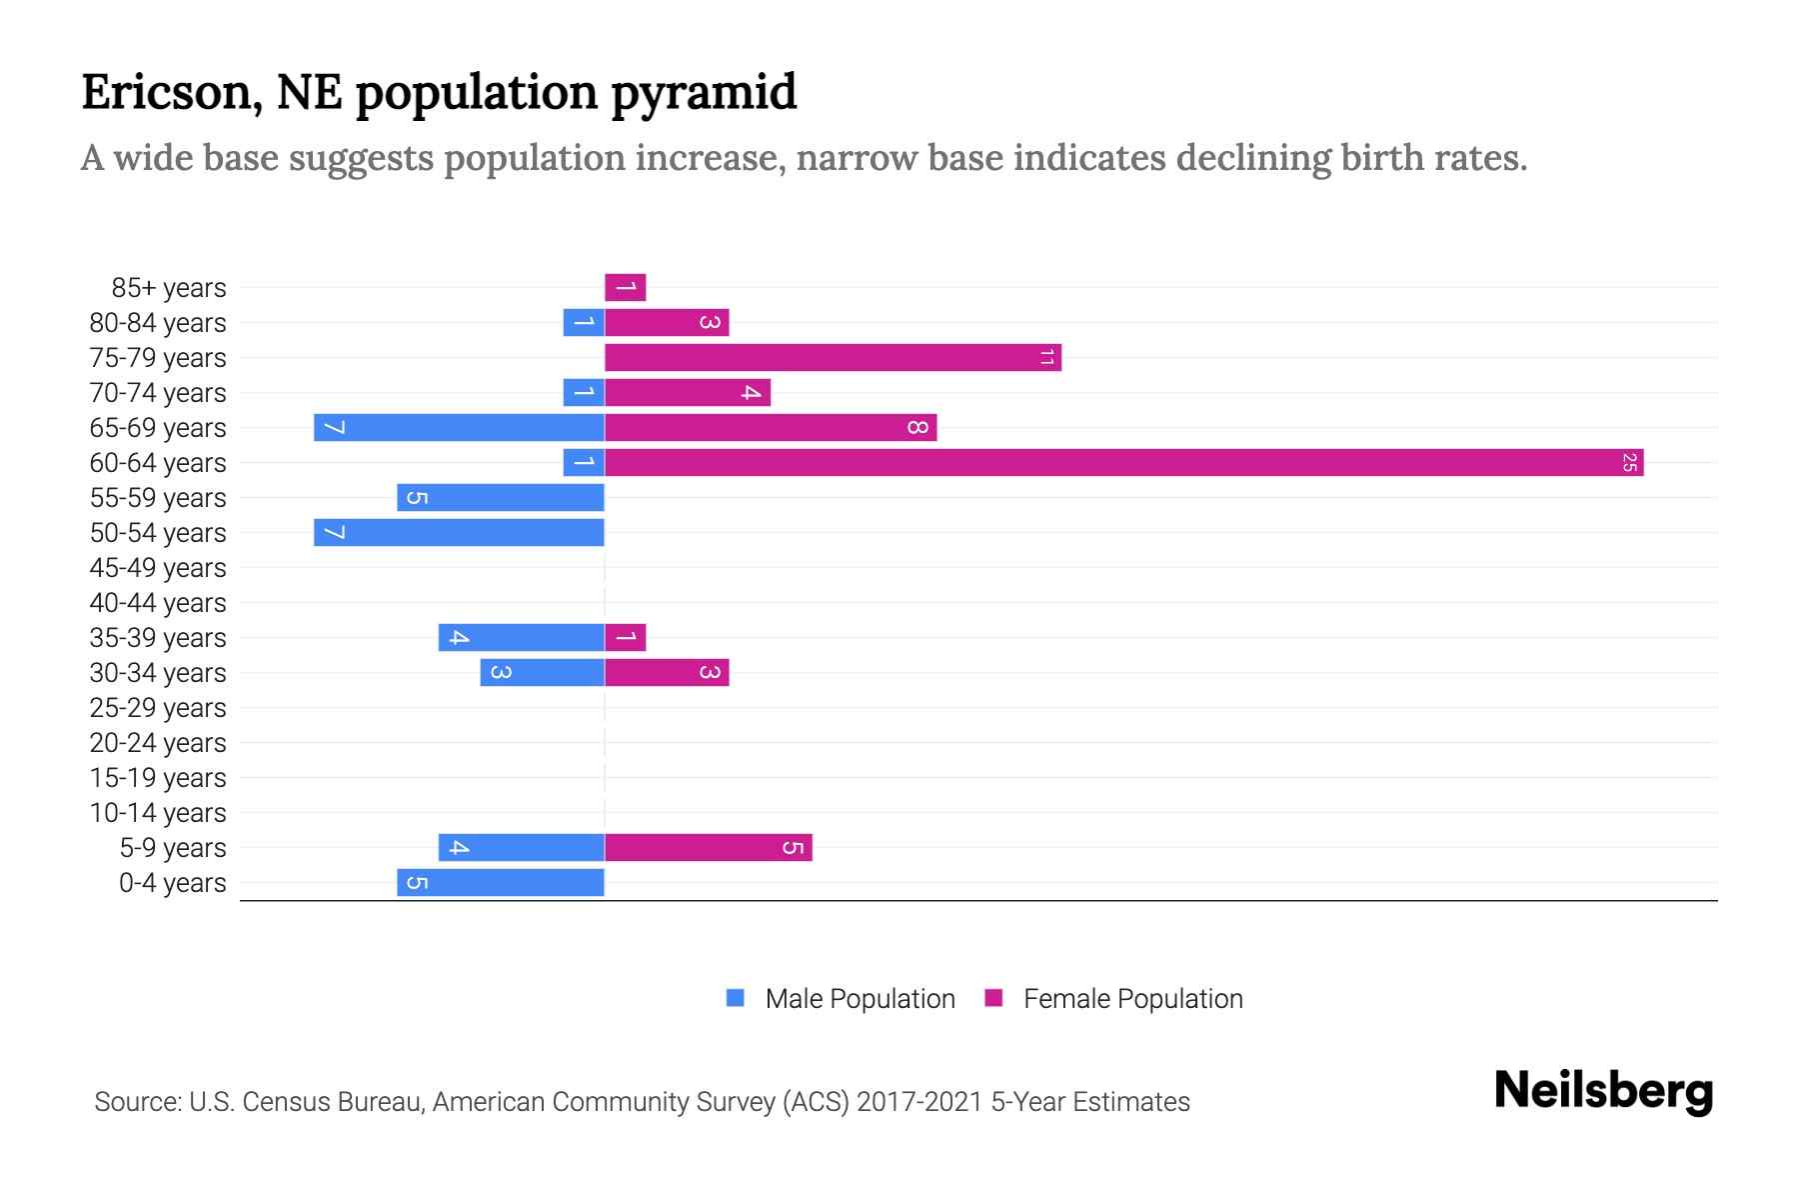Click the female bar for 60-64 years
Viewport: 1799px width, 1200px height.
click(x=1123, y=463)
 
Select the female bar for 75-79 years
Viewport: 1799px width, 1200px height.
click(x=833, y=358)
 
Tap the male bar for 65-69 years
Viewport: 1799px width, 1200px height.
click(x=459, y=428)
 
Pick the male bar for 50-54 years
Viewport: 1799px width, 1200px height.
click(x=459, y=533)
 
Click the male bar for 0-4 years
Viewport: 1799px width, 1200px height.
click(x=500, y=883)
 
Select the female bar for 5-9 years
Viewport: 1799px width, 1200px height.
click(x=708, y=848)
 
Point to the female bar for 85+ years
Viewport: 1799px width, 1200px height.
click(x=625, y=288)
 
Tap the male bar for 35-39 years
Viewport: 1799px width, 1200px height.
click(x=521, y=638)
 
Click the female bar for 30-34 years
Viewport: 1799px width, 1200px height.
click(x=667, y=673)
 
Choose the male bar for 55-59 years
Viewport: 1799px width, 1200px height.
click(x=500, y=498)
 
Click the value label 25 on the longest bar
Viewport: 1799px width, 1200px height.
click(x=1629, y=463)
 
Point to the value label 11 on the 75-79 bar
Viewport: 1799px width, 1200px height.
click(x=1046, y=358)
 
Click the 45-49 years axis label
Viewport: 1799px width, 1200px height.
click(x=158, y=568)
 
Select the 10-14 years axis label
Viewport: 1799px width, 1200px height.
click(x=158, y=813)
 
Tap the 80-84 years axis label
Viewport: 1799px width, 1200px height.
click(x=158, y=323)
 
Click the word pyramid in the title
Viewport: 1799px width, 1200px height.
click(x=704, y=93)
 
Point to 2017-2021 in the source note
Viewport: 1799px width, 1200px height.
click(x=919, y=1102)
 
